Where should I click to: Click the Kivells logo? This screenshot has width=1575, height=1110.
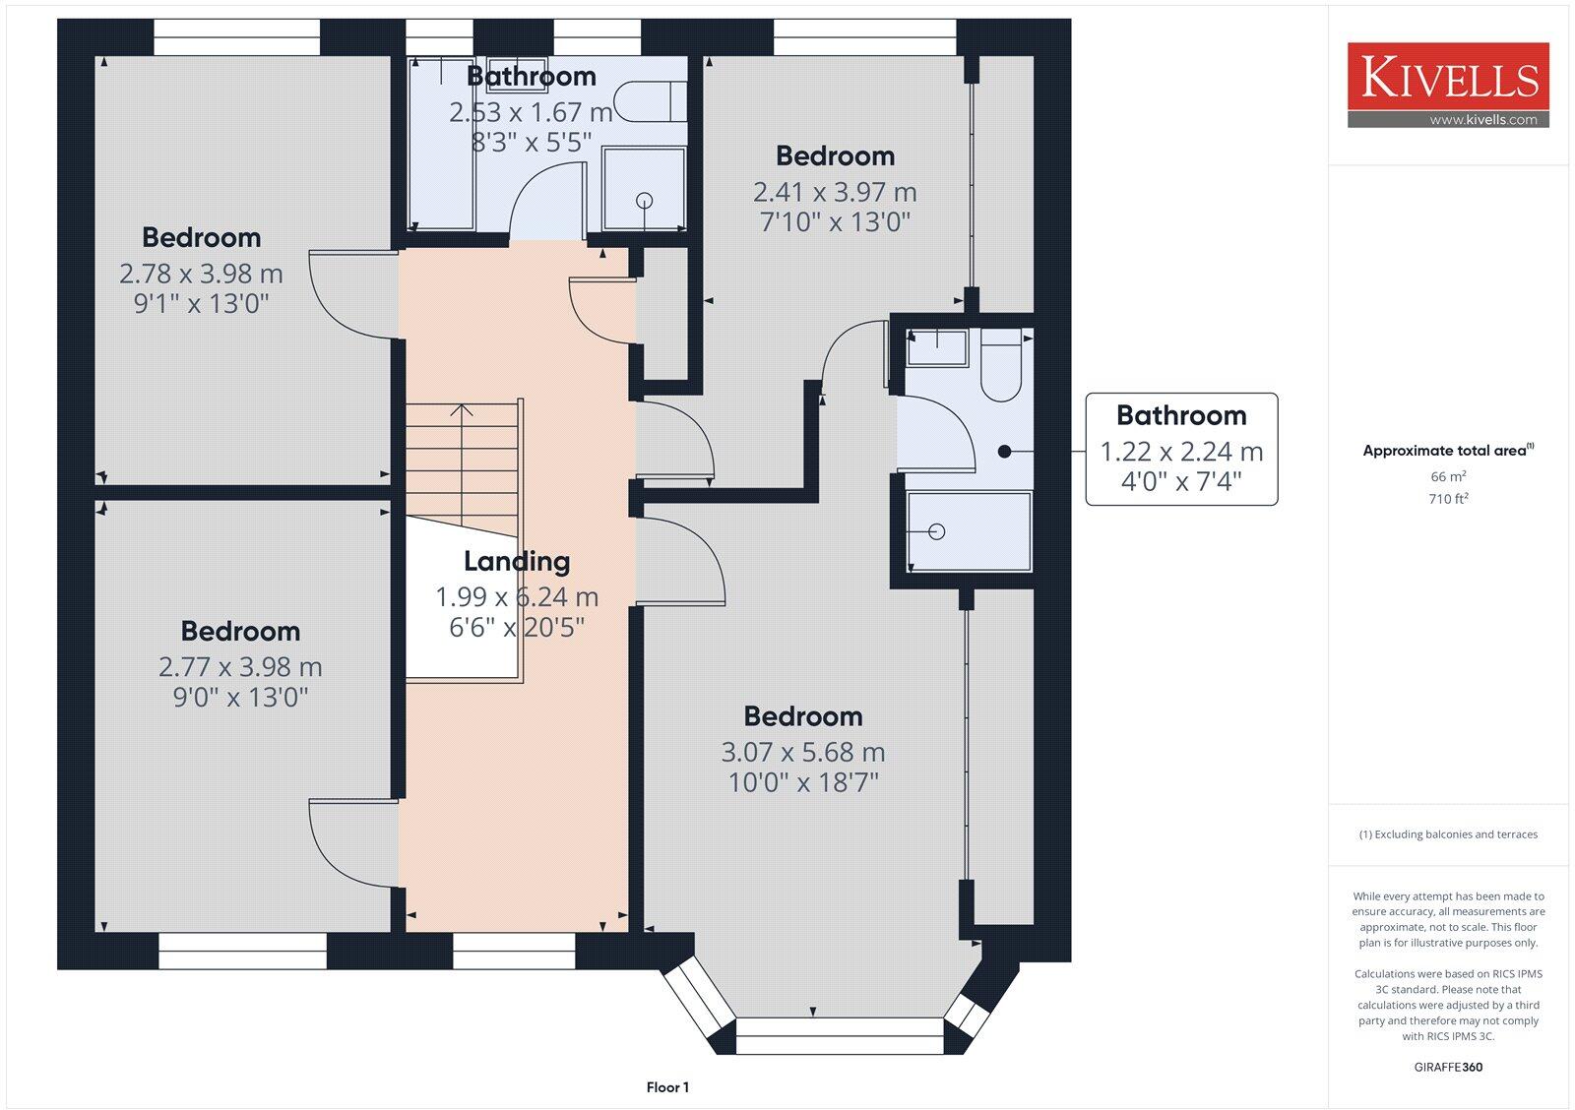pyautogui.click(x=1448, y=85)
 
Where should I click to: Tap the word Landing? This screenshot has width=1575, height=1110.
pyautogui.click(x=517, y=561)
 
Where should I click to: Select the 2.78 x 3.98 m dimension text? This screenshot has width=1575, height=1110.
pyautogui.click(x=201, y=274)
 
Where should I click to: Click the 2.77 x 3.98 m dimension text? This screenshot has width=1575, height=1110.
pyautogui.click(x=240, y=667)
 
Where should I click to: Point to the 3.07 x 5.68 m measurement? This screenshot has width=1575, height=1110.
pyautogui.click(x=803, y=752)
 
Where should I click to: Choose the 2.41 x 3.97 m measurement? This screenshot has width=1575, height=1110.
pyautogui.click(x=835, y=192)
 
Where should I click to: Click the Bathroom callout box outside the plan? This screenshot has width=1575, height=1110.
pyautogui.click(x=1181, y=449)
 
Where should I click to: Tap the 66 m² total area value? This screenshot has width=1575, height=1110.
pyautogui.click(x=1448, y=476)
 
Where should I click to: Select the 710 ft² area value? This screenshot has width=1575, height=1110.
pyautogui.click(x=1448, y=498)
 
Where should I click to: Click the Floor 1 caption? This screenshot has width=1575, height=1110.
pyautogui.click(x=667, y=1086)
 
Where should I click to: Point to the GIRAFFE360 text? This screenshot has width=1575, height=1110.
pyautogui.click(x=1448, y=1067)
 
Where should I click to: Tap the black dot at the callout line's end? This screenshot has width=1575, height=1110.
pyautogui.click(x=1005, y=452)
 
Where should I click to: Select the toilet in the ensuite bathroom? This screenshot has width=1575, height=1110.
pyautogui.click(x=1000, y=365)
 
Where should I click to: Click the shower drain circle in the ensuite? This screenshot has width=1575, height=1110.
pyautogui.click(x=936, y=532)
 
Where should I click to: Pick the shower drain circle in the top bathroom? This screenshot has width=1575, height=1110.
pyautogui.click(x=644, y=201)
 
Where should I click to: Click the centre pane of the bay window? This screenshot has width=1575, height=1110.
pyautogui.click(x=839, y=1036)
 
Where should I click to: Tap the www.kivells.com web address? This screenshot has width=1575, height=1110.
pyautogui.click(x=1482, y=119)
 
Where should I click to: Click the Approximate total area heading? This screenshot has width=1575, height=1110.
pyautogui.click(x=1448, y=450)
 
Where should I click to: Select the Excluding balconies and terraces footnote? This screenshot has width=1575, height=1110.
pyautogui.click(x=1448, y=834)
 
